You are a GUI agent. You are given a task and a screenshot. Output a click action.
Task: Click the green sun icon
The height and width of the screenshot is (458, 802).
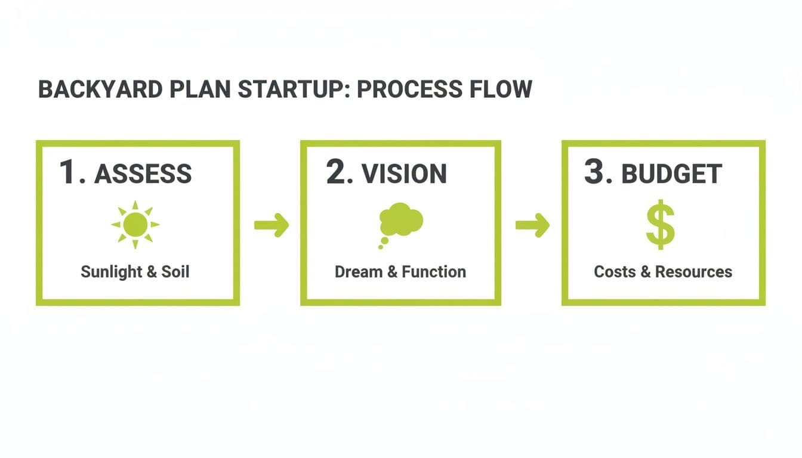pyautogui.click(x=135, y=225)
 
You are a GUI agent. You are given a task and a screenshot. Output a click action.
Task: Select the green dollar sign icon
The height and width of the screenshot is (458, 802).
pyautogui.click(x=661, y=225)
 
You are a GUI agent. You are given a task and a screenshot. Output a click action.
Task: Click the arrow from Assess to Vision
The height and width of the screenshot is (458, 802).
pyautogui.click(x=272, y=225)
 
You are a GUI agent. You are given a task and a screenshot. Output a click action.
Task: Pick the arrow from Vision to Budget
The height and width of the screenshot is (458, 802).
pyautogui.click(x=532, y=225)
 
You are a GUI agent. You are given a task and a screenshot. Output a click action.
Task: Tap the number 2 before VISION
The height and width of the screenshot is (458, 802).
pyautogui.click(x=337, y=172)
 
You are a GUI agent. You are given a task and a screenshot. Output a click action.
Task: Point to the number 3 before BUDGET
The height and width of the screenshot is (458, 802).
pyautogui.click(x=596, y=172)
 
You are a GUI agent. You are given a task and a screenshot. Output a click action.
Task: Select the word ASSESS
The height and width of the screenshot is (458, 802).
pyautogui.click(x=143, y=174)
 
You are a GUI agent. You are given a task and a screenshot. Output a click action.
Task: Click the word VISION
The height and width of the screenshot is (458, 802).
pyautogui.click(x=404, y=174)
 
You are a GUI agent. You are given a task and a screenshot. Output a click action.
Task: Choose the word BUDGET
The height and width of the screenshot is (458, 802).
pyautogui.click(x=672, y=174)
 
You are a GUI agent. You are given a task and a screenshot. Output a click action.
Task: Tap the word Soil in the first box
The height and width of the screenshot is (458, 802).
pyautogui.click(x=175, y=273)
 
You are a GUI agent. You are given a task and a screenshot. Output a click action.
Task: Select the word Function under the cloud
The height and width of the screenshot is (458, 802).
pyautogui.click(x=433, y=273)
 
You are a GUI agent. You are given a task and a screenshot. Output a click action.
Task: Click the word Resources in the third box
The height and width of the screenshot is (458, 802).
pyautogui.click(x=693, y=273)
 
